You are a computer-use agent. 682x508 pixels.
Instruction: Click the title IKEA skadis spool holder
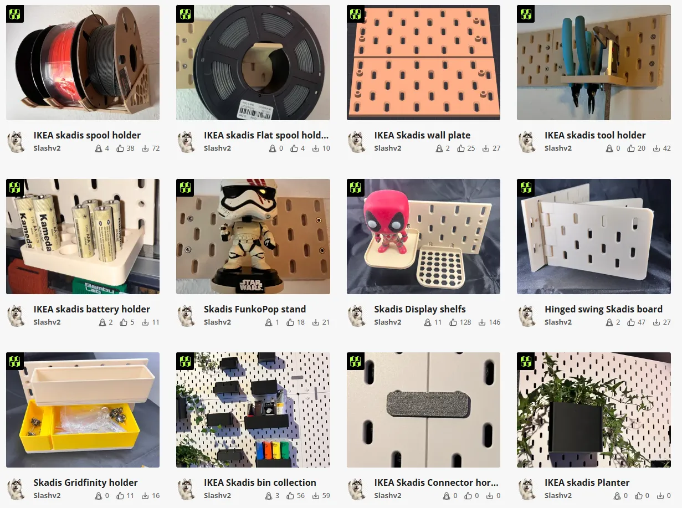coord(87,135)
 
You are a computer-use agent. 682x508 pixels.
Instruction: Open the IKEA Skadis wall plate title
coord(422,135)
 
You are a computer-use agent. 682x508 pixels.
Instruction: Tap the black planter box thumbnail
coord(576,427)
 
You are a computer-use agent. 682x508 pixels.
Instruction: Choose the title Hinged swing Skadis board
coord(603,309)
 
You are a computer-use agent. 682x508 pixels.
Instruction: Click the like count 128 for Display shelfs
coord(464,322)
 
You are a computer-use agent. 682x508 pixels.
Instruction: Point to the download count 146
coord(494,322)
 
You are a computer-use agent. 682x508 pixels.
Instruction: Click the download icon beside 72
coord(145,148)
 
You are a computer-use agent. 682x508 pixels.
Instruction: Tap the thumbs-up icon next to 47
coord(631,322)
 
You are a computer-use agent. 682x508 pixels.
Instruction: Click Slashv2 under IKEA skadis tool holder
coord(558,148)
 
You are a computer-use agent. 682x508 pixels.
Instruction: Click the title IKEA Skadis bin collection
coord(260,483)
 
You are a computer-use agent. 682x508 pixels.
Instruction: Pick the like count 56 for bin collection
coord(300,496)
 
